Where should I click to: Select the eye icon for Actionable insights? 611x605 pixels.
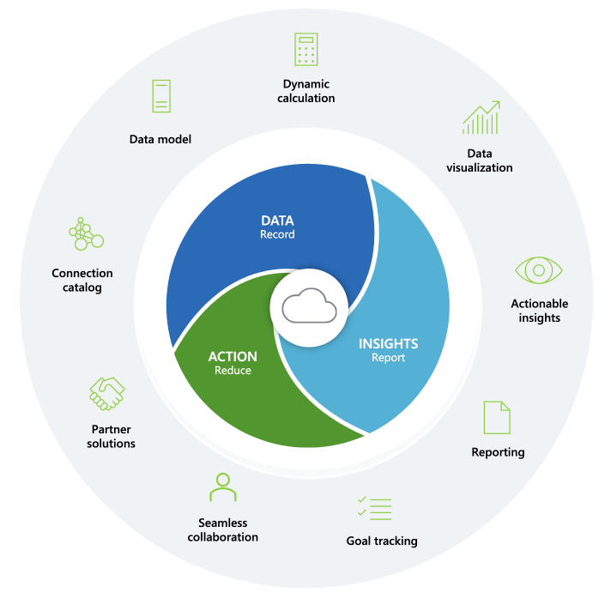click(539, 270)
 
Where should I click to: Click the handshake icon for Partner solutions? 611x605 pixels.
click(108, 393)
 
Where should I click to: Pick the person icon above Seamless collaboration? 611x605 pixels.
click(222, 487)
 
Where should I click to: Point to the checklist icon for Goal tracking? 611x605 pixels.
click(374, 507)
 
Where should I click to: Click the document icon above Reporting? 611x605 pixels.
click(497, 417)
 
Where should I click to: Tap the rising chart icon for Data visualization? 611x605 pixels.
click(481, 118)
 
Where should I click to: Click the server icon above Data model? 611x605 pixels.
click(160, 96)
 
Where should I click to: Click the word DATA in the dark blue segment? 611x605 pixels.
click(277, 221)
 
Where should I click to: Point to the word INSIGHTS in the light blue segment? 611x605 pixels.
click(388, 343)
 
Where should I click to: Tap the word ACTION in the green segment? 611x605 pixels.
click(233, 356)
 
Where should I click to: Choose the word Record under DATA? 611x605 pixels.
click(277, 234)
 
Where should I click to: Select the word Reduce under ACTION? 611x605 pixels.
click(233, 370)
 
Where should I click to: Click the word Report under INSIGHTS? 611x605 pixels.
click(388, 358)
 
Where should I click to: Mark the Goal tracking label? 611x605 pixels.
click(382, 541)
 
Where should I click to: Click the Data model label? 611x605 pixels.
click(160, 138)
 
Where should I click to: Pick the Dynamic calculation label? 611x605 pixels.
click(306, 91)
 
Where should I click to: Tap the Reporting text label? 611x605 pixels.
click(498, 452)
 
